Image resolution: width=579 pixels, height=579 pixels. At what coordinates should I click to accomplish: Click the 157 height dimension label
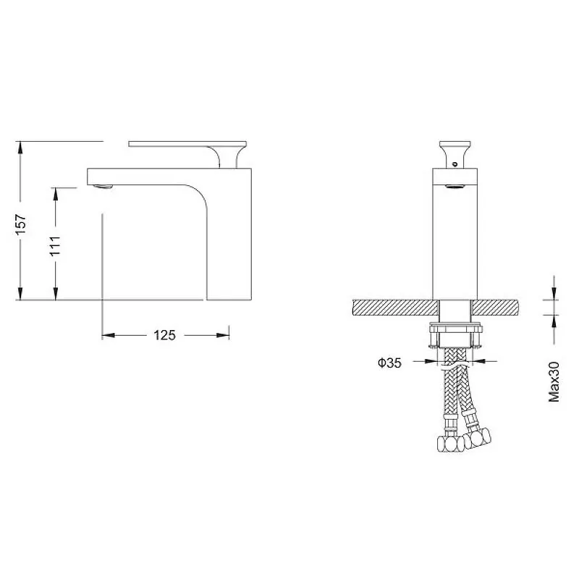point(21,224)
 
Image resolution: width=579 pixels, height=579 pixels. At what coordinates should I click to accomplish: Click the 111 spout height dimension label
point(56,246)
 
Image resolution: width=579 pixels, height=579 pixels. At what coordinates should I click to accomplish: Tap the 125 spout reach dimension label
point(165,335)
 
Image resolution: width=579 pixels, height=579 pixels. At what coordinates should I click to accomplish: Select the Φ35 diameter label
point(389,363)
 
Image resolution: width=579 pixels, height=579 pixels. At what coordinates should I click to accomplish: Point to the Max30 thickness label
point(554,381)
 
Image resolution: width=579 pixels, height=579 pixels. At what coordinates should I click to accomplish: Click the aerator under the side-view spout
point(103,187)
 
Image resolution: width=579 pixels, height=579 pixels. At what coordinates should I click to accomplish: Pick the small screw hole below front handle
point(455,164)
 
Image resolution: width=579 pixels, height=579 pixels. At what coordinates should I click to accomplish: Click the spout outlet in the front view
point(455,187)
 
